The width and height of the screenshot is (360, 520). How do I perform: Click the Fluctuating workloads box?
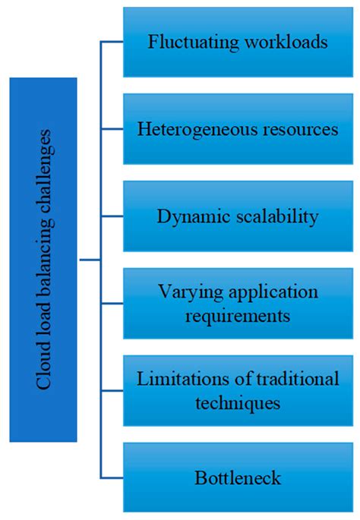pos(238,41)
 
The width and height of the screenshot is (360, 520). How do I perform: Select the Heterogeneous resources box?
pos(238,129)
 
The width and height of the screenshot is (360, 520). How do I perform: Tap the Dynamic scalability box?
pos(238,216)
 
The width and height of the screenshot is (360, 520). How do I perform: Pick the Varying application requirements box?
pos(238,304)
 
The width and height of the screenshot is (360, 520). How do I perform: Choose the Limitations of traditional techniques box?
pos(238,391)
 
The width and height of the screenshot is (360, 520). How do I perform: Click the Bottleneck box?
pos(238,478)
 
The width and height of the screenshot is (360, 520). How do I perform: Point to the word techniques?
pos(238,403)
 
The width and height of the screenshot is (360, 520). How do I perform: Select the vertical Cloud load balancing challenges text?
pos(43,259)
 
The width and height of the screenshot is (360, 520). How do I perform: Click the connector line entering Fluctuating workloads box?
pos(112,43)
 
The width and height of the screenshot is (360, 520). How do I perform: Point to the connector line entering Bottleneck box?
pos(112,477)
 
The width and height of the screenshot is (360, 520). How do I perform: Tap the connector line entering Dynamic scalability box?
pos(112,216)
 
